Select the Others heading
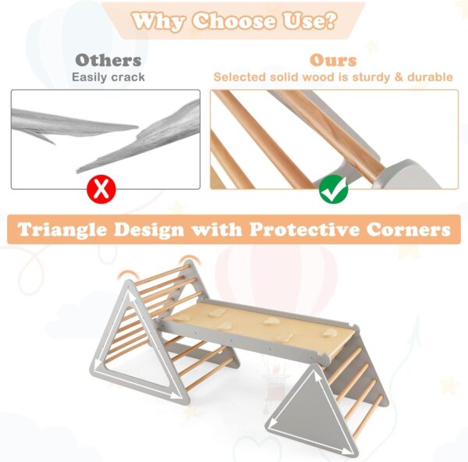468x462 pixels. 108,60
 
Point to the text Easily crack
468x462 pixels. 108,77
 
